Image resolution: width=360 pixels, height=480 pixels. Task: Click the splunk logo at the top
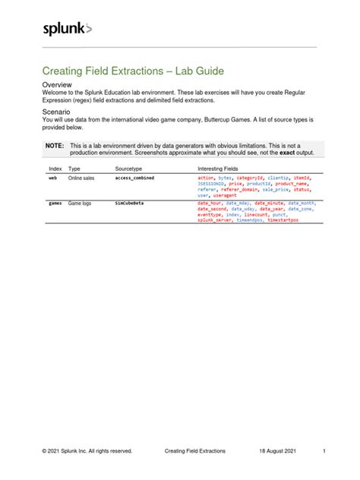[67, 29]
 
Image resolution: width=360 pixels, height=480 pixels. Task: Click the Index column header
[55, 168]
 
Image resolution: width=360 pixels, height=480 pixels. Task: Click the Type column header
[74, 168]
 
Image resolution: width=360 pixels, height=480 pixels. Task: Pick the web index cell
[52, 177]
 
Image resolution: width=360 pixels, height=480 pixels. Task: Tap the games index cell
[55, 204]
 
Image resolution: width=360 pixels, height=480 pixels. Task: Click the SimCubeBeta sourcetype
[131, 204]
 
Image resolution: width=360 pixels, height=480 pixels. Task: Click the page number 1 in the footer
[324, 450]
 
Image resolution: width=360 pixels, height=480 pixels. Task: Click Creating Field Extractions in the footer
[194, 450]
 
